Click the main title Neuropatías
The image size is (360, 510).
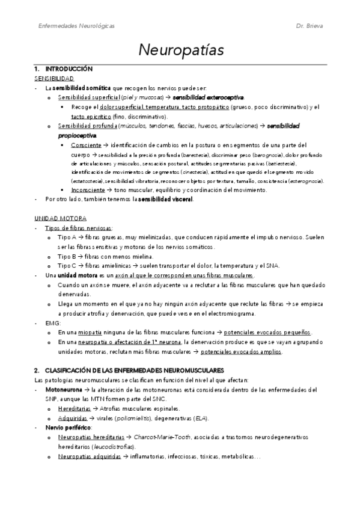(x=180, y=49)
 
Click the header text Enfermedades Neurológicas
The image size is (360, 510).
(x=76, y=26)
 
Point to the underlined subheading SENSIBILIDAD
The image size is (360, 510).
(x=54, y=79)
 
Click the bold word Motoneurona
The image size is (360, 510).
(x=59, y=390)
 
